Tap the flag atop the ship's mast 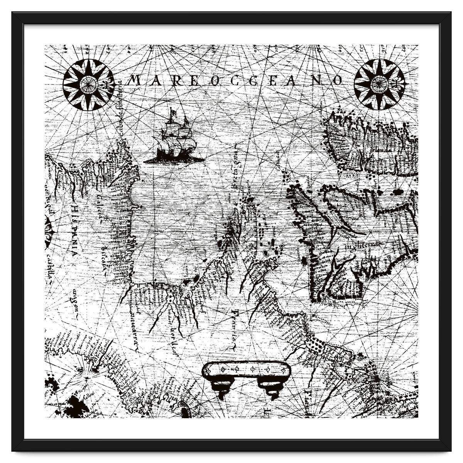click(x=173, y=112)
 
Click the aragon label click(x=73, y=305)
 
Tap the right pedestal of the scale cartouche click(x=271, y=386)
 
